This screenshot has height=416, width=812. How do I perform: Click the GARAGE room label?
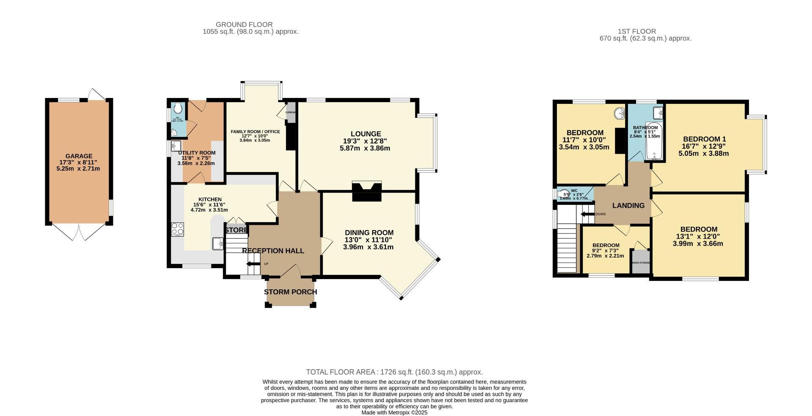[x=79, y=156]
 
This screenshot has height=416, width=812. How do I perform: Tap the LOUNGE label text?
[x=365, y=134]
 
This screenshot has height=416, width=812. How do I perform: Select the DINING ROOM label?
[x=369, y=233]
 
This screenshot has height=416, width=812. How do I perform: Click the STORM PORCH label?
[x=290, y=292]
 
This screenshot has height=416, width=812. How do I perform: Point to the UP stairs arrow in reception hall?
[x=253, y=264]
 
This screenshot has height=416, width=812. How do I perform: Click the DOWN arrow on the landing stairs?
[x=587, y=214]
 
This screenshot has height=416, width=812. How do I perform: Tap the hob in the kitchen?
[x=177, y=229]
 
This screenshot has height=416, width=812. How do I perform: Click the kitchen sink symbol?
[x=218, y=243]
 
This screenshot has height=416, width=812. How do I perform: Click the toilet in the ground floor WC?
[x=178, y=108]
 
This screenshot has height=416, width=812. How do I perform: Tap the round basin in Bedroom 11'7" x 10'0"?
[x=620, y=113]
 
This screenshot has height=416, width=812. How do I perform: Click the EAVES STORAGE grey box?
[x=640, y=261]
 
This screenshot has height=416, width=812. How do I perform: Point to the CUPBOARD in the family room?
[x=291, y=112]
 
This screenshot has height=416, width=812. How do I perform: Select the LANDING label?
[x=628, y=206]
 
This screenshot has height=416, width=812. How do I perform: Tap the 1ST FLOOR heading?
[x=636, y=31]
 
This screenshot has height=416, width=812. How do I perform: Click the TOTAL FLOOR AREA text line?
[x=394, y=372]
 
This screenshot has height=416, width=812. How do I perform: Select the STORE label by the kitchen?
[x=236, y=230]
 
